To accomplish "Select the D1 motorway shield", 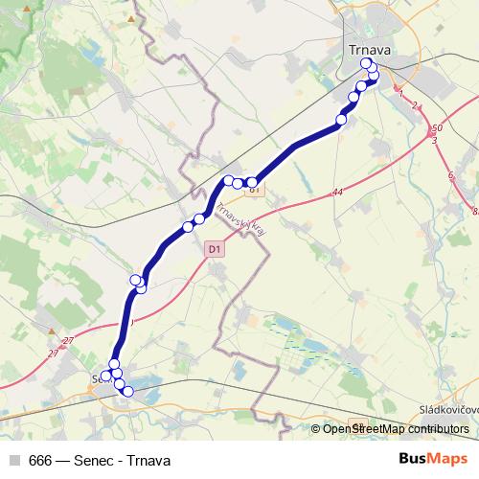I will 214,249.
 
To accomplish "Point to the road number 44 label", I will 338,193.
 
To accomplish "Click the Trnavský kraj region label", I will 241,222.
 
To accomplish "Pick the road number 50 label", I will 438,128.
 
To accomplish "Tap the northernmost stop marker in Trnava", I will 366,64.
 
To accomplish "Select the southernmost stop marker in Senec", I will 127,391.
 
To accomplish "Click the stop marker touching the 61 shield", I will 252,182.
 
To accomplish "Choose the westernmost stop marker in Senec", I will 106,375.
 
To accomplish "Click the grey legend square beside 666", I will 13,460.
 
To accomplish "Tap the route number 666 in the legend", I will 40,460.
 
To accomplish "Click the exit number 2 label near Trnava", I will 417,105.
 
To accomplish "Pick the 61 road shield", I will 255,190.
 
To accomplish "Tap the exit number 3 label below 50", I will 434,141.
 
